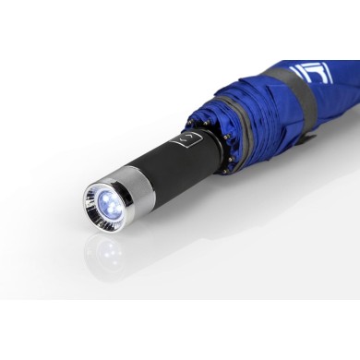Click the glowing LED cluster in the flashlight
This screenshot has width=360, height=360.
[x=103, y=199]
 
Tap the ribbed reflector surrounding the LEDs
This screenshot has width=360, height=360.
[x=95, y=209]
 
